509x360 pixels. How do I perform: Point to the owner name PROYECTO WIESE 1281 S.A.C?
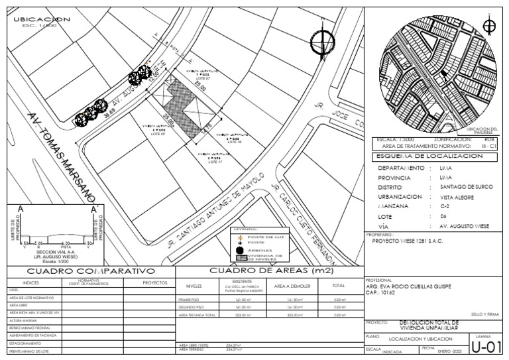click(410, 242)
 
